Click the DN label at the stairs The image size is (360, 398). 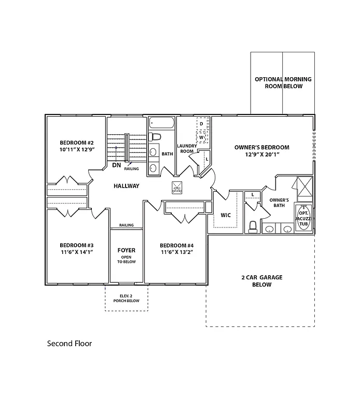tap(117, 165)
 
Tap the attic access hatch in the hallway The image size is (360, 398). tap(177, 188)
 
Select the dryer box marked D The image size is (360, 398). tap(202, 124)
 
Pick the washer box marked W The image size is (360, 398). tap(202, 138)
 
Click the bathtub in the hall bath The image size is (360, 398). tap(162, 123)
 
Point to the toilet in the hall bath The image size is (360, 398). tap(154, 137)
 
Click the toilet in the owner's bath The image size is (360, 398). tap(253, 226)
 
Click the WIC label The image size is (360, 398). tap(226, 215)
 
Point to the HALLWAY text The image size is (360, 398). tap(127, 186)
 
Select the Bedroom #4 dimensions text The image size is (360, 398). tap(176, 252)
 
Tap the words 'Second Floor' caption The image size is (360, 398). tap(70, 343)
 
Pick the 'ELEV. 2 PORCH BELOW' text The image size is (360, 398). tap(126, 298)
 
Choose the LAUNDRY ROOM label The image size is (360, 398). tap(186, 149)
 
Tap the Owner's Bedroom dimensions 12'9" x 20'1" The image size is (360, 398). tap(261, 154)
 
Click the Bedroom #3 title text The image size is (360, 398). tap(76, 245)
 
